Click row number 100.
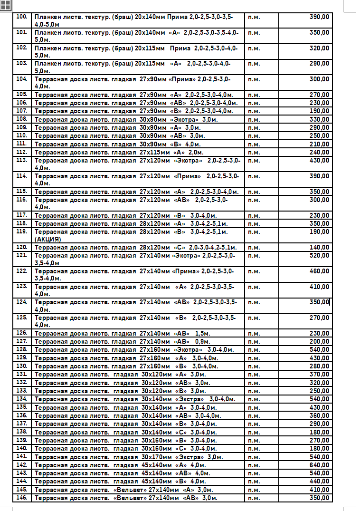22,17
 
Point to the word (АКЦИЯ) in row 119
48,239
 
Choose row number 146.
22,498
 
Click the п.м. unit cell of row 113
254,161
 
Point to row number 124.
22,302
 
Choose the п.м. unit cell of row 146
254,498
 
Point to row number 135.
22,407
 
